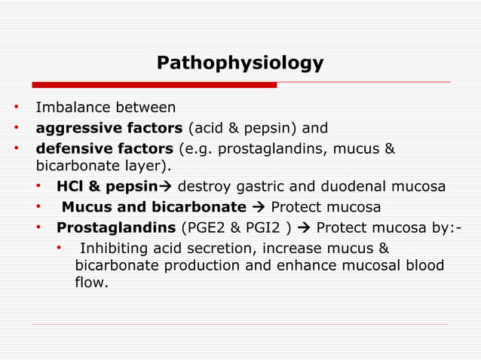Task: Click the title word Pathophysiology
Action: pos(240,63)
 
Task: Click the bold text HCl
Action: pos(69,186)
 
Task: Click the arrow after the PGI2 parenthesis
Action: pos(305,227)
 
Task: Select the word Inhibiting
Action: pos(113,248)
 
